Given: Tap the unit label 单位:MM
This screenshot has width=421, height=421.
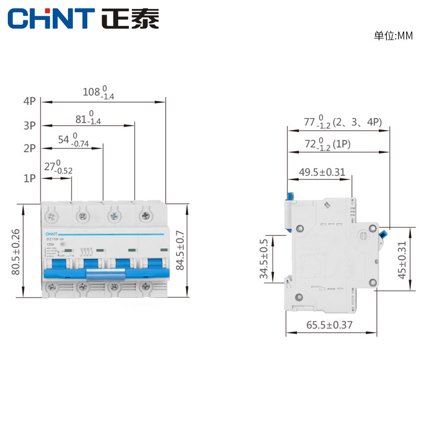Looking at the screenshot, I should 393,36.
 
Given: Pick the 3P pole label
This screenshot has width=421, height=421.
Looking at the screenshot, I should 29,125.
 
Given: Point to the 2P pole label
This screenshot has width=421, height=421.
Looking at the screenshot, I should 29,148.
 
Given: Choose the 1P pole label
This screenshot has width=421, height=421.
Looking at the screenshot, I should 29,178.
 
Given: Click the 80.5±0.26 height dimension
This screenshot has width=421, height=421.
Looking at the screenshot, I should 15,252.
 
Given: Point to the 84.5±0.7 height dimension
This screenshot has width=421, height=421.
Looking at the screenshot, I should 181,250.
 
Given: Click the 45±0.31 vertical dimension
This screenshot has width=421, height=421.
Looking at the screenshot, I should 403,259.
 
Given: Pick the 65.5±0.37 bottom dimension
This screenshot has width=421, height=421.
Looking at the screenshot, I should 329,325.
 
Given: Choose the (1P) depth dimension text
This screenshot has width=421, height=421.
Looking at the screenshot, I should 327,144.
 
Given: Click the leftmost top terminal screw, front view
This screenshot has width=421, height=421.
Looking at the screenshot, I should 52,215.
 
